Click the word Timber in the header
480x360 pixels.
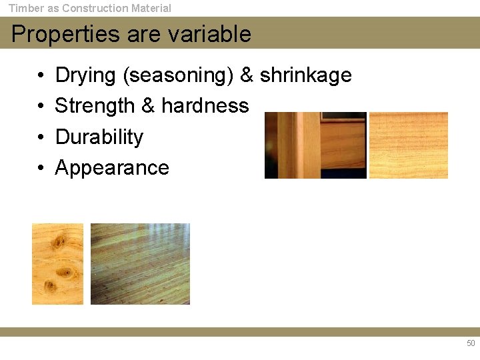25,9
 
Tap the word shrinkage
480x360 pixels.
305,75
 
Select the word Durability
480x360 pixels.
99,137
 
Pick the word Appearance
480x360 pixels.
112,167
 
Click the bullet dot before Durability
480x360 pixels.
41,137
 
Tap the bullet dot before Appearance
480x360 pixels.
41,168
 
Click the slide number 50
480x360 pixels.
471,343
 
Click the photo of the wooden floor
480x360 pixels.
140,264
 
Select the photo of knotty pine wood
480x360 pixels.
58,264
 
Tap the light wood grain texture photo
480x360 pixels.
408,145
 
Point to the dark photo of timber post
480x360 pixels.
315,145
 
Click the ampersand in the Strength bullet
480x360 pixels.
148,106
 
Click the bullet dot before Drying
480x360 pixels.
41,76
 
